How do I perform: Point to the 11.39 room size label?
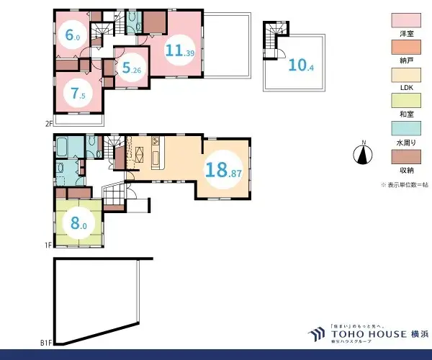(x=180, y=51)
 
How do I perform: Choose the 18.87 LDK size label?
(x=224, y=171)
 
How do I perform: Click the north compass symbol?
(x=364, y=154)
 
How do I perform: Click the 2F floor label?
(x=48, y=123)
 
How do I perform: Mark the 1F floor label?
(x=48, y=246)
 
